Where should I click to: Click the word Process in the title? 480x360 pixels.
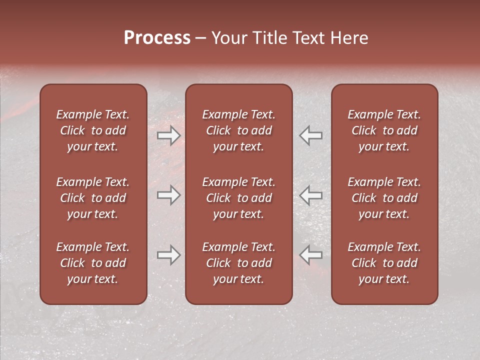[157, 38]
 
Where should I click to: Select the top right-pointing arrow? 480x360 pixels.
[168, 135]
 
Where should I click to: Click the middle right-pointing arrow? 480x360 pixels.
[168, 195]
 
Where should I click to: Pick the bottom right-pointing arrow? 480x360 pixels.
[168, 255]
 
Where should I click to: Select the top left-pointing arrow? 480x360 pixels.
[311, 135]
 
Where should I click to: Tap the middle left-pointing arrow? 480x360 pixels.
[311, 195]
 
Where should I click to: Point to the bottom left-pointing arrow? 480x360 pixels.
[311, 255]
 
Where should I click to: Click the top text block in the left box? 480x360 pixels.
[93, 130]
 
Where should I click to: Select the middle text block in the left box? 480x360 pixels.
[93, 198]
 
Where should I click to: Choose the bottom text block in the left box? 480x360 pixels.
[93, 263]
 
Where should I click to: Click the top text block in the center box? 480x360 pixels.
[238, 130]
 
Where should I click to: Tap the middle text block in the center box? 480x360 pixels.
[238, 198]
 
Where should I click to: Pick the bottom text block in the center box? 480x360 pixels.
[238, 263]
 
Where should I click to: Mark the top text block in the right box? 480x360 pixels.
[384, 130]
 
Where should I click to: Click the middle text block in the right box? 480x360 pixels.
[384, 198]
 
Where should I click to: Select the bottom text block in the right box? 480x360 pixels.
[384, 263]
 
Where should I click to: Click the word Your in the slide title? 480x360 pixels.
[229, 38]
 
